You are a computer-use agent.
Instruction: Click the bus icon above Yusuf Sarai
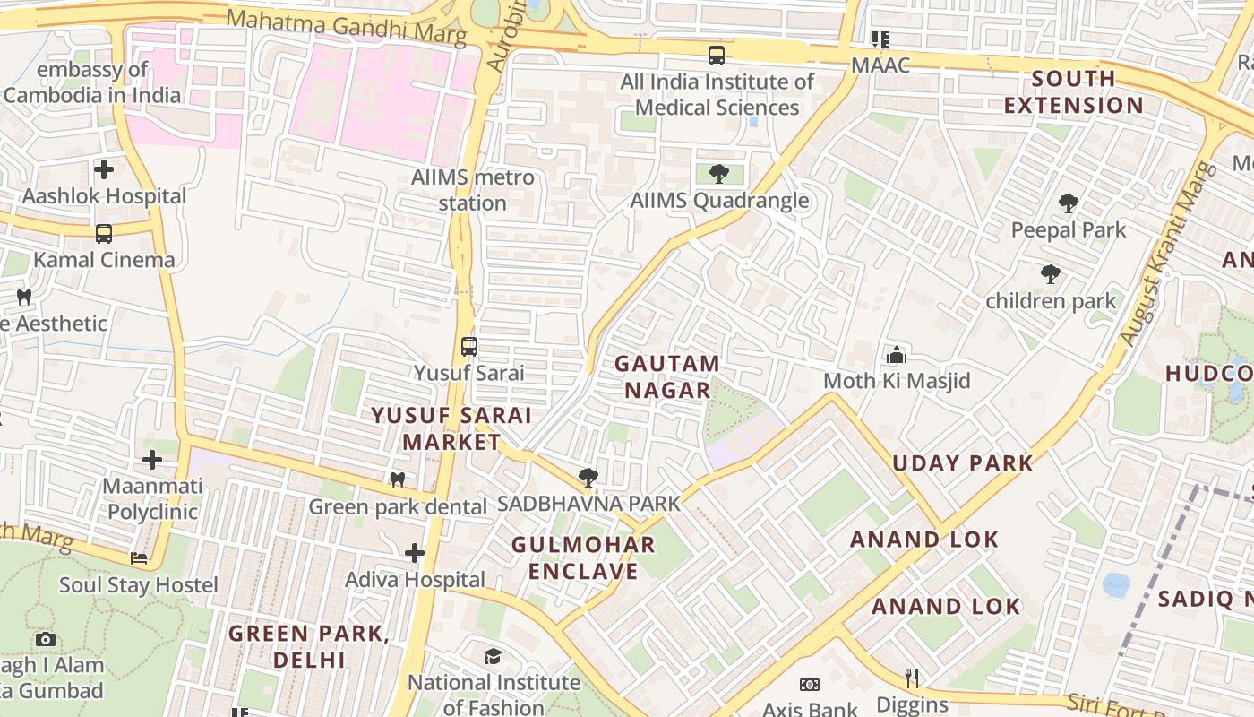pyautogui.click(x=468, y=347)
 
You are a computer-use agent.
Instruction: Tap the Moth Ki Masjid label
pyautogui.click(x=897, y=381)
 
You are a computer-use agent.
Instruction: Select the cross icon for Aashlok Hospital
pyautogui.click(x=104, y=168)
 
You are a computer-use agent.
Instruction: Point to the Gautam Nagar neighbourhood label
pyautogui.click(x=667, y=376)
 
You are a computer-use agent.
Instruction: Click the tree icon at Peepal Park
pyautogui.click(x=1068, y=203)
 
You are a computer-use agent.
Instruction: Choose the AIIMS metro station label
pyautogui.click(x=473, y=190)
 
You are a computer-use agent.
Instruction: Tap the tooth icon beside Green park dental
pyautogui.click(x=398, y=480)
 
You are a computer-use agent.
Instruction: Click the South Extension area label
pyautogui.click(x=1073, y=91)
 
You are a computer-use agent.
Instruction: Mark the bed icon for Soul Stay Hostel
pyautogui.click(x=139, y=558)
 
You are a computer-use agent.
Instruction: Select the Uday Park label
pyautogui.click(x=963, y=463)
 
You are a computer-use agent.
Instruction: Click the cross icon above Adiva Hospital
pyautogui.click(x=414, y=553)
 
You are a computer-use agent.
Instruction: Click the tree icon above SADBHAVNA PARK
pyautogui.click(x=588, y=477)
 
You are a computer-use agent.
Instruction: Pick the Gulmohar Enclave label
pyautogui.click(x=583, y=557)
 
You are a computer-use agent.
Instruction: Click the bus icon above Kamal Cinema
pyautogui.click(x=104, y=234)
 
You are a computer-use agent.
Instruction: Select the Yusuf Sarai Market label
pyautogui.click(x=451, y=428)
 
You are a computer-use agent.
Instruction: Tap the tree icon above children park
pyautogui.click(x=1051, y=273)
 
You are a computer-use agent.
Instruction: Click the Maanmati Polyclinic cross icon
pyautogui.click(x=152, y=460)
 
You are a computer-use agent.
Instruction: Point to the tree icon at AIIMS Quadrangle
pyautogui.click(x=718, y=174)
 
